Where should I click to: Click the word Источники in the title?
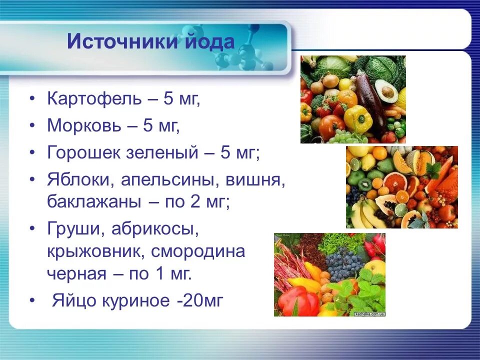point(120,41)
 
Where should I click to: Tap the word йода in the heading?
point(207,41)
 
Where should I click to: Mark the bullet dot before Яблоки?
point(32,179)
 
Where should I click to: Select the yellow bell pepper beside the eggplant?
point(358,118)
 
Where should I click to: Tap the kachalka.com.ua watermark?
point(369,314)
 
